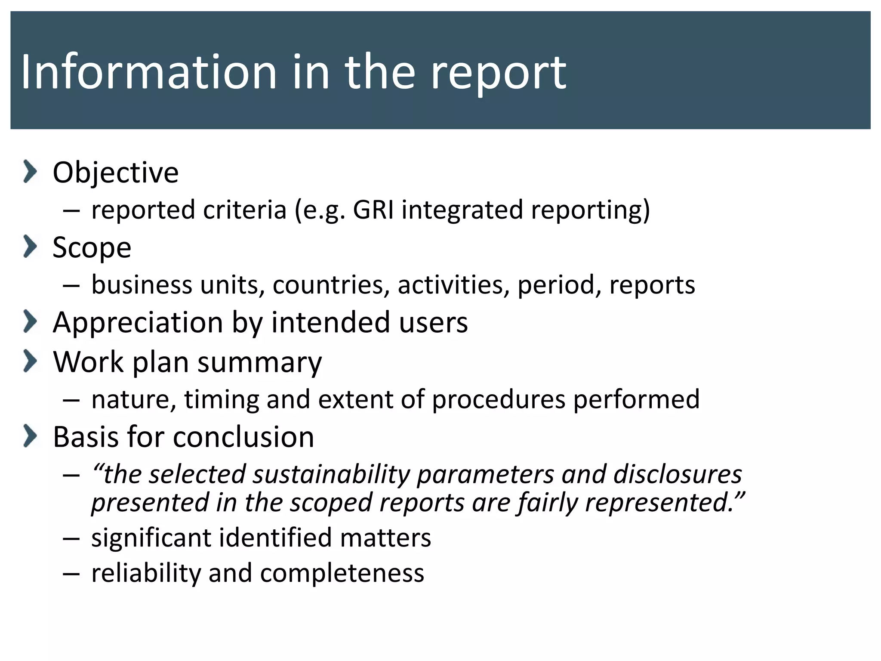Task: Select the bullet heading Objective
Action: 115,172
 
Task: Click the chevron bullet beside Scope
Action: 30,247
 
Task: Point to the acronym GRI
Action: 373,210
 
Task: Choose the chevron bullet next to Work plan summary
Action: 30,361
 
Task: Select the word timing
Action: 222,399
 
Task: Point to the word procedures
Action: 499,399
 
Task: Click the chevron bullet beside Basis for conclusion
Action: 30,436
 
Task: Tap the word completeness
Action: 342,573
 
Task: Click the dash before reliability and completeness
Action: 71,574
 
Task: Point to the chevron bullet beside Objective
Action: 30,171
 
